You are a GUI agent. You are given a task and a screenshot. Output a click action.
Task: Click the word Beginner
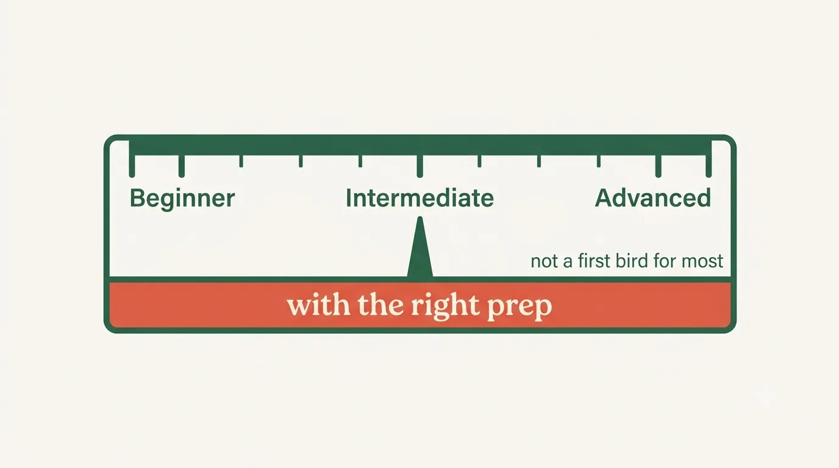tap(182, 199)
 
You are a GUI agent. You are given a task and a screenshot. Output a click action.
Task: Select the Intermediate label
tap(419, 198)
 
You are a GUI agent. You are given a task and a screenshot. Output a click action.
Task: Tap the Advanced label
tap(653, 198)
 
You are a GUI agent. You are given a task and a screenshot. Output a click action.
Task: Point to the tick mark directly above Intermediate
tap(420, 166)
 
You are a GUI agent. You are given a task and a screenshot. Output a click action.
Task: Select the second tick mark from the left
tap(182, 166)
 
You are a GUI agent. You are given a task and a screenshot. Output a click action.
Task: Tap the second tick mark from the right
tap(658, 166)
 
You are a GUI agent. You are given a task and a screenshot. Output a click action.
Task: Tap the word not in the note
tap(544, 261)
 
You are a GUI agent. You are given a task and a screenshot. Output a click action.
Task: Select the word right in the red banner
tap(445, 307)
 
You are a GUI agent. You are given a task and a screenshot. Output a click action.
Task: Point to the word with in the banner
tap(319, 305)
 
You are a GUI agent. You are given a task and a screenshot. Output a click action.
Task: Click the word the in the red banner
tap(381, 305)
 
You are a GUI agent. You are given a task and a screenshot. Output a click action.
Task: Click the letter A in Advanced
tap(605, 198)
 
